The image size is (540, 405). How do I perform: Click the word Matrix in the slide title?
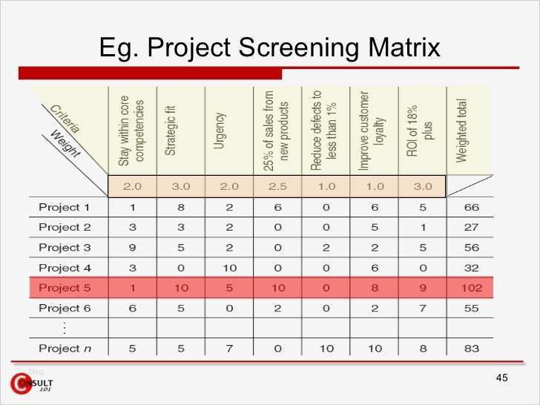point(404,47)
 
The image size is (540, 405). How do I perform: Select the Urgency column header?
point(220,131)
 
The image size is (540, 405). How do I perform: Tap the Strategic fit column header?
point(171,131)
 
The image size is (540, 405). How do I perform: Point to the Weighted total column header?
point(461,131)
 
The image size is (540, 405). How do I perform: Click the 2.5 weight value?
point(277,186)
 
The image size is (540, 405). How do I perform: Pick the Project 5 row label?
point(65,288)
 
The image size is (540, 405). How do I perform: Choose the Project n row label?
point(65,348)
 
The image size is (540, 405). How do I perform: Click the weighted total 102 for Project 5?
point(472,288)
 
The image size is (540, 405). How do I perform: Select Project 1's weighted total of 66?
point(472,208)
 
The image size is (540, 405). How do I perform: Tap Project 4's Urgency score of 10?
point(229,268)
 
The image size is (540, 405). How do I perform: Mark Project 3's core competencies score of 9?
point(132,248)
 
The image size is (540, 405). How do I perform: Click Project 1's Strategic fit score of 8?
point(181,208)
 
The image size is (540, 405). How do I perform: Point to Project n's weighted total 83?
point(472,348)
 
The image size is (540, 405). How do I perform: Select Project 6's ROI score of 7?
point(423,308)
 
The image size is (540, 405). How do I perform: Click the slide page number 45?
point(501,378)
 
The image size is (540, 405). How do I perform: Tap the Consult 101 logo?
point(31,383)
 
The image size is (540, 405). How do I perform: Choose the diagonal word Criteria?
point(65,119)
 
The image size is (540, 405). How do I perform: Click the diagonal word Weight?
point(65,144)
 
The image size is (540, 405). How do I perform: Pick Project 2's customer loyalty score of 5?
point(375,227)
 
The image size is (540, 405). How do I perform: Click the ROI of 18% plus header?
point(420,131)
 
